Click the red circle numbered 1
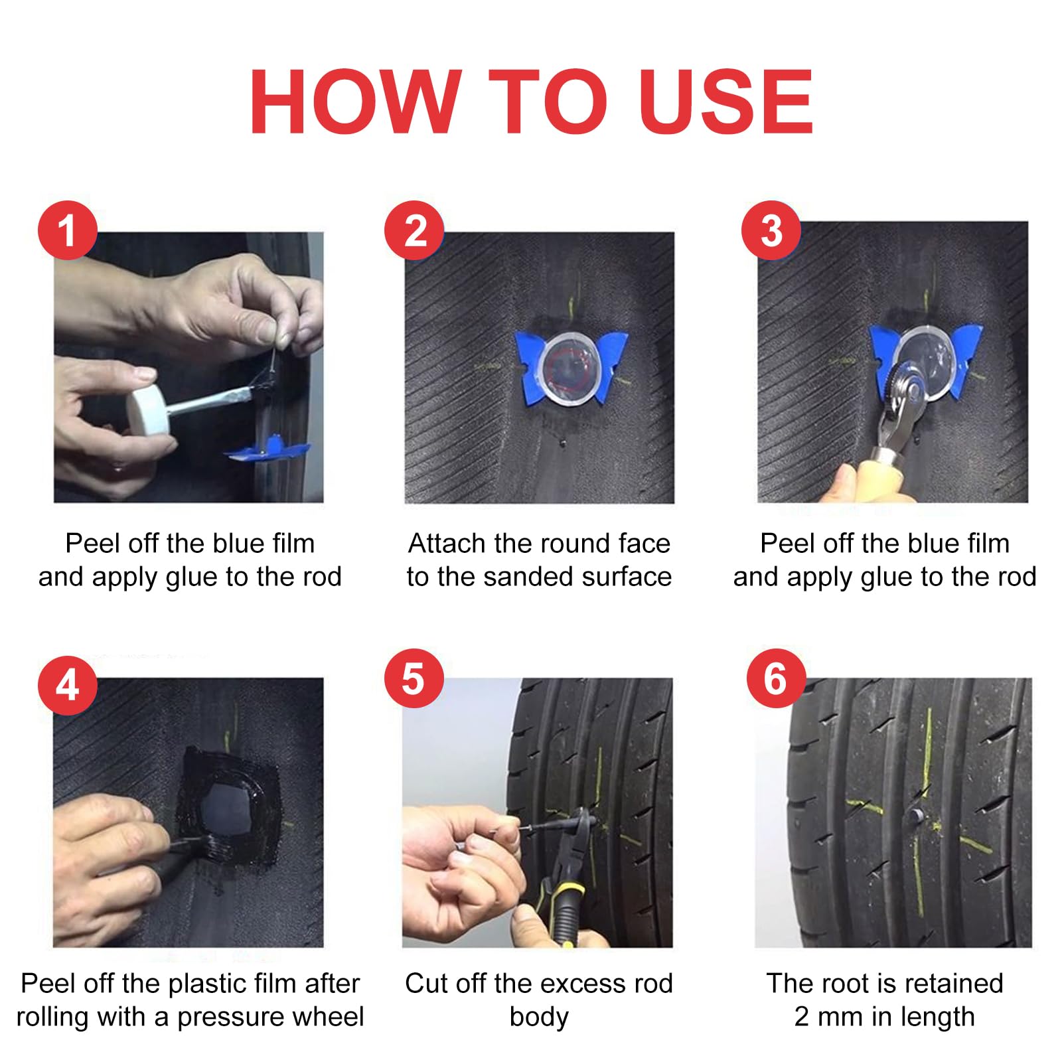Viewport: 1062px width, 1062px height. pyautogui.click(x=68, y=230)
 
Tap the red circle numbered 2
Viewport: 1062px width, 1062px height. pyautogui.click(x=414, y=230)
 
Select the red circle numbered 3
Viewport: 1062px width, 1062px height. pyautogui.click(x=771, y=230)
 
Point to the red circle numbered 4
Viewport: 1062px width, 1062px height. pyautogui.click(x=68, y=685)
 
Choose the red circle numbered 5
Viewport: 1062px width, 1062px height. pyautogui.click(x=414, y=678)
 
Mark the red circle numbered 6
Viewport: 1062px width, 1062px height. pyautogui.click(x=776, y=678)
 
